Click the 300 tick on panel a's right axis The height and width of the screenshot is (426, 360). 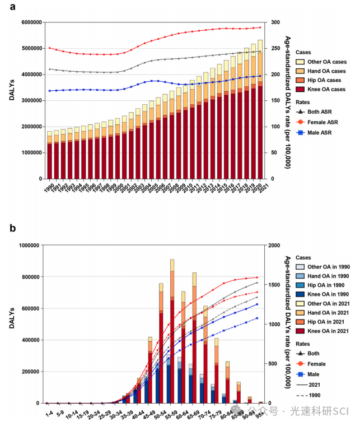click(x=275, y=22)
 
